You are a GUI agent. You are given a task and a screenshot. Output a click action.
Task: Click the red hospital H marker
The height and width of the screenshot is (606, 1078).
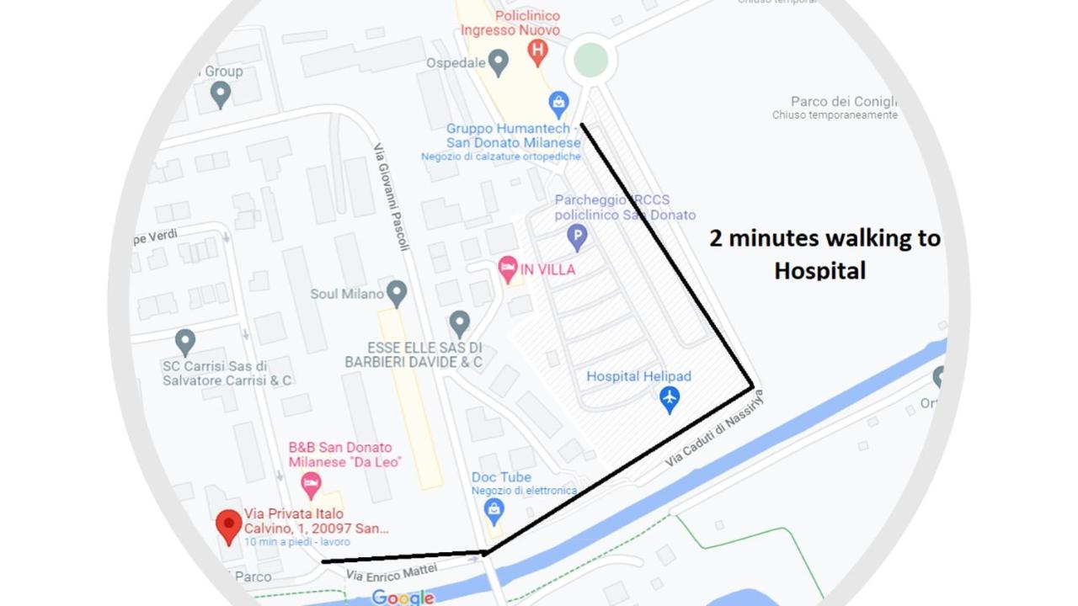point(537,52)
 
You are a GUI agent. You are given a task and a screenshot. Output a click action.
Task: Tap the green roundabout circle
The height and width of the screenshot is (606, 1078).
point(590,61)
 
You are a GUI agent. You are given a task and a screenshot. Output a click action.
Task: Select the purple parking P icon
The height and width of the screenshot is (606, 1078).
point(577,237)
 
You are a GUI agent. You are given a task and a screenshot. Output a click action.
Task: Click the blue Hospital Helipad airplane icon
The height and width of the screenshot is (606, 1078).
point(670,399)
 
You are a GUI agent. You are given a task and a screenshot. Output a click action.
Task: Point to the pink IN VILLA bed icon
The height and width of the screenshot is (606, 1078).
point(508,270)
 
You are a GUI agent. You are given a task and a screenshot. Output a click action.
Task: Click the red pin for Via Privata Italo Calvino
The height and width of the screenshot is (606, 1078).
point(228,527)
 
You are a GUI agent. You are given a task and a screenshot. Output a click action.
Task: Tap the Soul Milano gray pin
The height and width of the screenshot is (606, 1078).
point(397,293)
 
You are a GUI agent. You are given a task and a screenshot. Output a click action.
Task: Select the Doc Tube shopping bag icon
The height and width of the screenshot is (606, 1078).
point(494,509)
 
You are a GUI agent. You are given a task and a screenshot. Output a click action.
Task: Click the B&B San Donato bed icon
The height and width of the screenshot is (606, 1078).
point(311,484)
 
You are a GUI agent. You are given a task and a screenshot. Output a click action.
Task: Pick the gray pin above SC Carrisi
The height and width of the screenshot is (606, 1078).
point(185,342)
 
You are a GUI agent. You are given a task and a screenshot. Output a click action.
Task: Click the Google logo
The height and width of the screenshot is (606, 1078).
point(403,598)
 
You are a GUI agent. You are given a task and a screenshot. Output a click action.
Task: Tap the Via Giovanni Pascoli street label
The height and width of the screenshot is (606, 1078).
point(392,197)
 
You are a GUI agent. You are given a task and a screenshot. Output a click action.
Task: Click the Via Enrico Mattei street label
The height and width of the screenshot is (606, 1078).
point(392,572)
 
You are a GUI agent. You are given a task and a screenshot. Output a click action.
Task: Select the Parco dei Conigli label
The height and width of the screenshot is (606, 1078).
point(844,101)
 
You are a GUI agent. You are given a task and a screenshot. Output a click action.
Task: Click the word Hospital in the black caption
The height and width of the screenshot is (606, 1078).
point(819,270)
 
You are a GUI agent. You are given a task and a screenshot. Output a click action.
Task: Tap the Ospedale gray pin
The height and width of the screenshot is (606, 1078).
point(499,62)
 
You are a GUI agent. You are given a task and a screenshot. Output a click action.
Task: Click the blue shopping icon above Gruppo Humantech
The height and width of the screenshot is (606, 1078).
point(558,104)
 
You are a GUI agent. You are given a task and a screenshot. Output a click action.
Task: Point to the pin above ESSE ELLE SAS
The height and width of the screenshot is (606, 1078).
point(459,323)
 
